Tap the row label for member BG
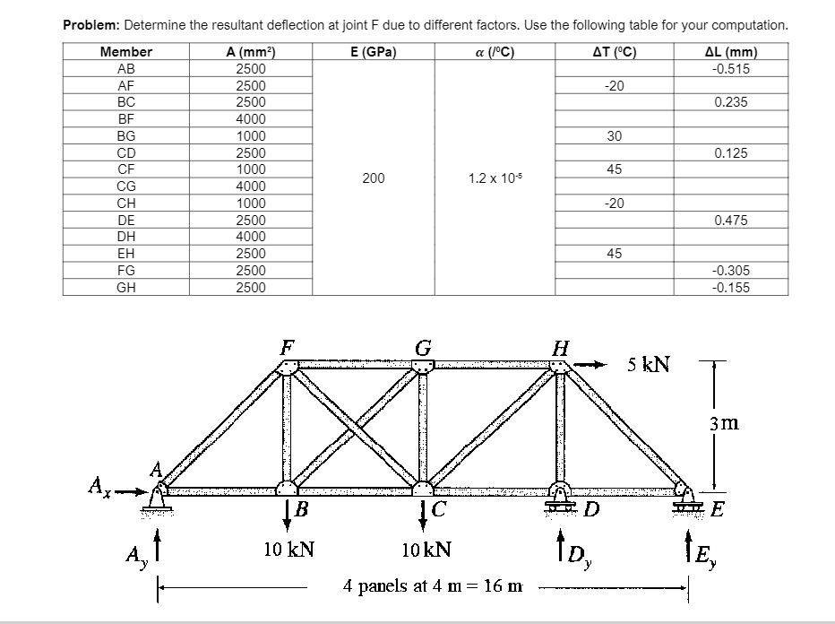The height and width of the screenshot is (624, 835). [126, 136]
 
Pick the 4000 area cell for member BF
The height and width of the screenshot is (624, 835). [250, 119]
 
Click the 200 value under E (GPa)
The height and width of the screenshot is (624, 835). [374, 178]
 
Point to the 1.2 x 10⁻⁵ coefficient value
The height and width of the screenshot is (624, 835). [491, 178]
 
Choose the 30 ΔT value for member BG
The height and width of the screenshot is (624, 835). [614, 136]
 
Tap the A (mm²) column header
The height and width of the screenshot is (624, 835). [250, 51]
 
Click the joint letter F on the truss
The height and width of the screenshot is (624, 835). [286, 347]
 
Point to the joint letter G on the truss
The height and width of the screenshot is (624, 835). [423, 347]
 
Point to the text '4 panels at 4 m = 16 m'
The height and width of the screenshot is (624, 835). [433, 586]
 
